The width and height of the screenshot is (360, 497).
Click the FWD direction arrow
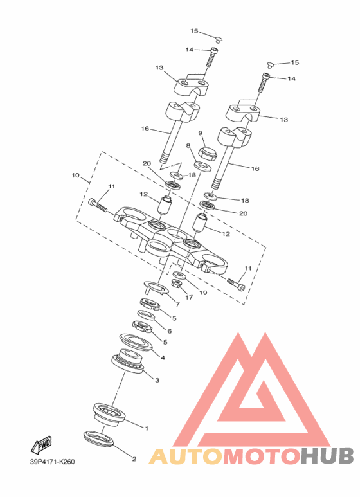(42, 445)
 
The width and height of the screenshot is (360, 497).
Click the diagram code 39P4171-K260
(53, 462)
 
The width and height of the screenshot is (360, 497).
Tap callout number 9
(201, 133)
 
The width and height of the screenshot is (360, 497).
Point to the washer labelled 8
(203, 166)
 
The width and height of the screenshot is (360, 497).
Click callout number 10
(75, 176)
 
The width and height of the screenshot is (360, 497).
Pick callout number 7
(177, 305)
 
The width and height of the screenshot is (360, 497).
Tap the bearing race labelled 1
(109, 413)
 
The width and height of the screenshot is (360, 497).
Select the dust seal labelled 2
(98, 438)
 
